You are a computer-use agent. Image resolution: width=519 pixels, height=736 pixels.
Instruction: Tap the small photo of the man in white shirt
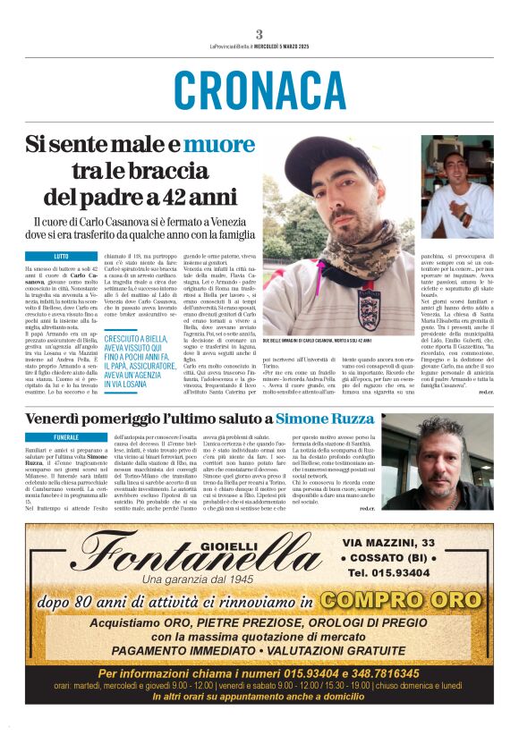click(x=457, y=187)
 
